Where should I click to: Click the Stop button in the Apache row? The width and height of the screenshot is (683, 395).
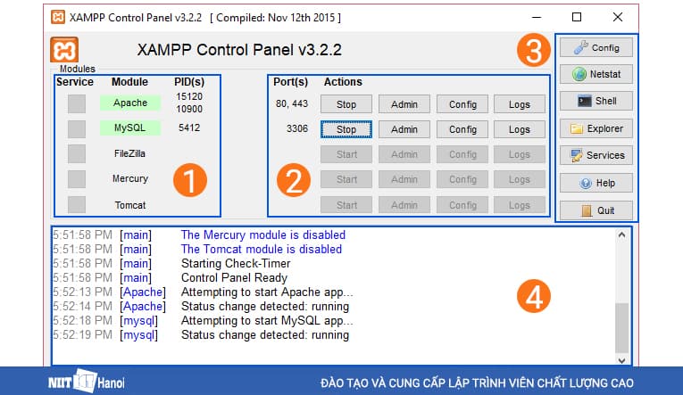pyautogui.click(x=346, y=104)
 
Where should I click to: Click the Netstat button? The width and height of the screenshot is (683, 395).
pyautogui.click(x=596, y=74)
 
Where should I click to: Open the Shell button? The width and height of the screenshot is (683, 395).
pyautogui.click(x=596, y=101)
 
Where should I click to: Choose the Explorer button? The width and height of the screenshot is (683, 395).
pyautogui.click(x=596, y=128)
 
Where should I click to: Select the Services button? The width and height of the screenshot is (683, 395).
pyautogui.click(x=596, y=155)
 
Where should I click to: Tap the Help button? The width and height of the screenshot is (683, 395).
pyautogui.click(x=596, y=184)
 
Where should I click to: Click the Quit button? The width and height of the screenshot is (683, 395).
pyautogui.click(x=596, y=211)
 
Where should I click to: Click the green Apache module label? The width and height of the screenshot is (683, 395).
pyautogui.click(x=130, y=103)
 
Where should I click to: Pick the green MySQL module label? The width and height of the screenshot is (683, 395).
pyautogui.click(x=130, y=128)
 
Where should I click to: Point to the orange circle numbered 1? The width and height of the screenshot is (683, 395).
pyautogui.click(x=189, y=180)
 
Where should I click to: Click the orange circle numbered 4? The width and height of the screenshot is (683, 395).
pyautogui.click(x=534, y=298)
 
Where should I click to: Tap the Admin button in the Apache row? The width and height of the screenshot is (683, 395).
pyautogui.click(x=404, y=104)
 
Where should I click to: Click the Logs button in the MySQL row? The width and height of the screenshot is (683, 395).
pyautogui.click(x=520, y=129)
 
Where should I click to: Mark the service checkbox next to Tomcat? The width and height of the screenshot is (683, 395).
pyautogui.click(x=77, y=204)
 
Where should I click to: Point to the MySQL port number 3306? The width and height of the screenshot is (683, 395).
pyautogui.click(x=297, y=129)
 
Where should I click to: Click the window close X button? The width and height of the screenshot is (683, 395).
pyautogui.click(x=618, y=17)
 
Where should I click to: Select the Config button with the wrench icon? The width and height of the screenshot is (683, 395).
pyautogui.click(x=596, y=47)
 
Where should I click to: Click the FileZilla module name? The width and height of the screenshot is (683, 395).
pyautogui.click(x=130, y=153)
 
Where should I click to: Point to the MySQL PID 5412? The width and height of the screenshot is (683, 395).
pyautogui.click(x=189, y=128)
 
